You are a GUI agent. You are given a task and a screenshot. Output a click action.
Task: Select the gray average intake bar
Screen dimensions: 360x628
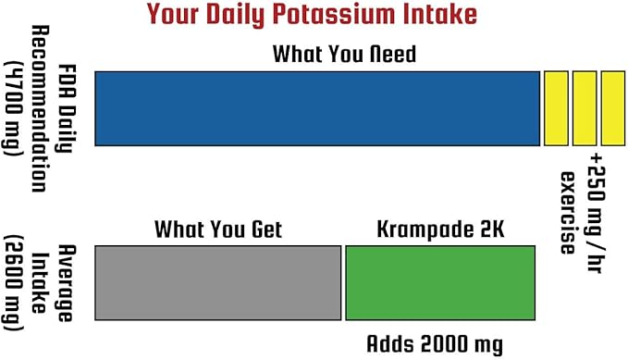click(x=218, y=282)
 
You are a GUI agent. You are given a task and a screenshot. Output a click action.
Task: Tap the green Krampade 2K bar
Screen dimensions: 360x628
click(x=440, y=282)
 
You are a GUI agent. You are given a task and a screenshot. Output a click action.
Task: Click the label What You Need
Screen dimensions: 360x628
click(x=344, y=55)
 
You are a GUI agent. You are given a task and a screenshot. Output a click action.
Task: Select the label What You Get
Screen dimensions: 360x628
click(x=218, y=229)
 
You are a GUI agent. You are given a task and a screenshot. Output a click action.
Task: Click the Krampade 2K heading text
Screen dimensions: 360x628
click(x=439, y=229)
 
